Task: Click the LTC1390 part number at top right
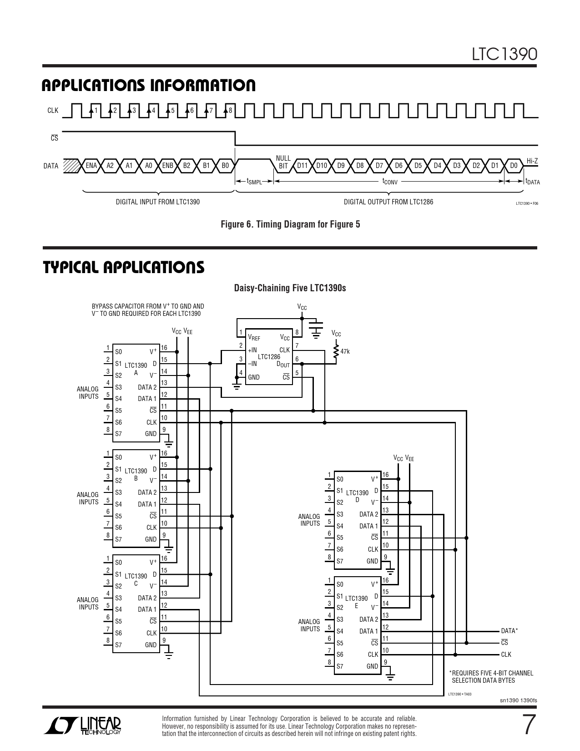coord(504,54)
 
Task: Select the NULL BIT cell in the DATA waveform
coord(283,162)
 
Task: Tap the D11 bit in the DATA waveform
coord(302,166)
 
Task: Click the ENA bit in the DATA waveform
coord(91,166)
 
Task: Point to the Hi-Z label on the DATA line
coord(532,161)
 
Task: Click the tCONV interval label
coord(389,182)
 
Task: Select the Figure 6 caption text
coord(290,224)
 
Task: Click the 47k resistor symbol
coord(336,351)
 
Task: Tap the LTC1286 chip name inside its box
coord(268,357)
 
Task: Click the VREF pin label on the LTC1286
coord(254,338)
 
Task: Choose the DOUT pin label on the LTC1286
coord(283,365)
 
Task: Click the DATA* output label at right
coord(509,631)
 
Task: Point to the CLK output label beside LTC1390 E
coord(506,655)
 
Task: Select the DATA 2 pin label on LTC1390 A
coord(147,387)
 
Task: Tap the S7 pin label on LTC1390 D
coord(340,561)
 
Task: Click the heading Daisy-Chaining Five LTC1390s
coord(290,288)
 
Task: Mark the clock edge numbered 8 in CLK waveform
coord(226,110)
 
